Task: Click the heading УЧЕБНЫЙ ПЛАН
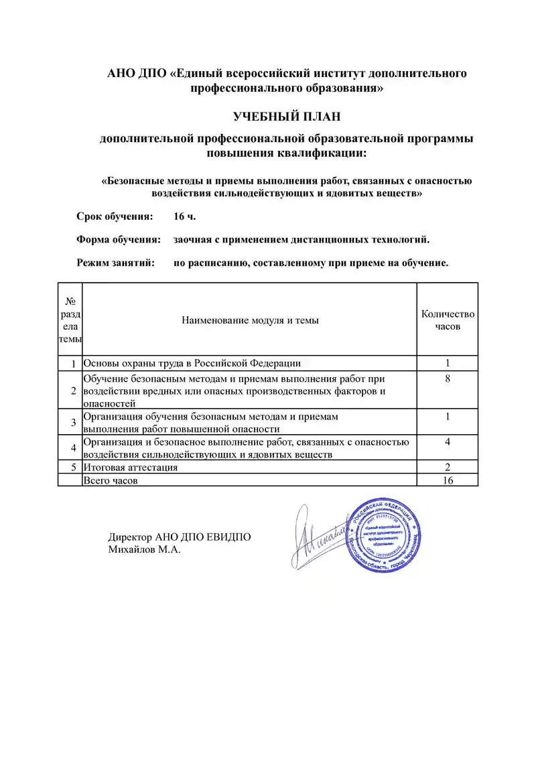pyautogui.click(x=287, y=117)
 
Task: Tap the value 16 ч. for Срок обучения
pyautogui.click(x=184, y=216)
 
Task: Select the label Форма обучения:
pyautogui.click(x=118, y=240)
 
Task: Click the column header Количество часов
pyautogui.click(x=448, y=320)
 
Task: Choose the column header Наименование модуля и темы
pyautogui.click(x=250, y=320)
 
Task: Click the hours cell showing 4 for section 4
pyautogui.click(x=448, y=441)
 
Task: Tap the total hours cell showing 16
pyautogui.click(x=448, y=480)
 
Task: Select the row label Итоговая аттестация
pyautogui.click(x=130, y=467)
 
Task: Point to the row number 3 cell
pyautogui.click(x=70, y=422)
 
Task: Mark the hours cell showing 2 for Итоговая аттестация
pyautogui.click(x=448, y=467)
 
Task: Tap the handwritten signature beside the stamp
pyautogui.click(x=318, y=535)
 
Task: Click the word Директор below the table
pyautogui.click(x=130, y=537)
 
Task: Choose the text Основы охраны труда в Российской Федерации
pyautogui.click(x=192, y=363)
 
